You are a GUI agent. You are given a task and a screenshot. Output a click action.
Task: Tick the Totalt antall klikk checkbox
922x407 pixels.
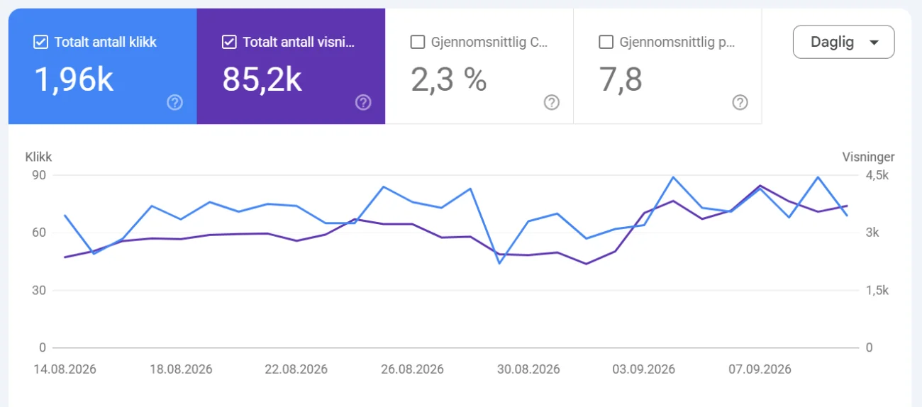coord(40,42)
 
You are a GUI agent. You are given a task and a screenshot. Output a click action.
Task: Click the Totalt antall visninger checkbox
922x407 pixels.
coord(229,42)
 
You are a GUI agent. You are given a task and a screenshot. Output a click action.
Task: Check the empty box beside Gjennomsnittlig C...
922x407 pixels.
coord(417,42)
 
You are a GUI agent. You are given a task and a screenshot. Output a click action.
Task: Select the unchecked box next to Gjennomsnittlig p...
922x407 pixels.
coord(606,42)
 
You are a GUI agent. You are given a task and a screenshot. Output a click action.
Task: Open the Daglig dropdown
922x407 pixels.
coord(843,42)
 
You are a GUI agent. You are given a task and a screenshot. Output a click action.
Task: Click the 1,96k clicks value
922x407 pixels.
coord(74,79)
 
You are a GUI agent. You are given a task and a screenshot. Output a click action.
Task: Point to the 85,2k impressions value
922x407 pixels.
coord(262,79)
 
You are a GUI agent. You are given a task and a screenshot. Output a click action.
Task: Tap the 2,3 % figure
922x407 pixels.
coord(449,79)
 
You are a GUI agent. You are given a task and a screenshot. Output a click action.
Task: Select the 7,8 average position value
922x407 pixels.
coord(621,79)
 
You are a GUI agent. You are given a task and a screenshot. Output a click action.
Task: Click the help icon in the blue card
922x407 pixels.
coord(175,103)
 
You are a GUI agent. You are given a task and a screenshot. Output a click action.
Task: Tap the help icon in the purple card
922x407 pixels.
coord(363,103)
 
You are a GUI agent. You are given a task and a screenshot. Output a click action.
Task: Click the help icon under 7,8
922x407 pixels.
coord(740,103)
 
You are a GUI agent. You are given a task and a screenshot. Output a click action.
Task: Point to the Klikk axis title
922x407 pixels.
coord(38,157)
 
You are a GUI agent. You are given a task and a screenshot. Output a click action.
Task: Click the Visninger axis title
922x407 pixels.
coord(868,157)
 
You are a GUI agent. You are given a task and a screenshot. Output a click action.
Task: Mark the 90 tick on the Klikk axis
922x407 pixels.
coord(39,175)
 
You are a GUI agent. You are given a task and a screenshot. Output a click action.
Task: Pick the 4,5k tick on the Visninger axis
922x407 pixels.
coord(877,175)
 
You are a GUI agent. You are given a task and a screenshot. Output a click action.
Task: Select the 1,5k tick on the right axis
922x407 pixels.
coord(877,291)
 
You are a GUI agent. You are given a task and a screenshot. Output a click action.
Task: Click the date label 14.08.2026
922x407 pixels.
coord(65,369)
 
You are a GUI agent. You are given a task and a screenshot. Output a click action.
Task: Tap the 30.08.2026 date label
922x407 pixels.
coord(528,369)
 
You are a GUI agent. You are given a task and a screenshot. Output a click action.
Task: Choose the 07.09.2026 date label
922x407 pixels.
coord(760,369)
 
